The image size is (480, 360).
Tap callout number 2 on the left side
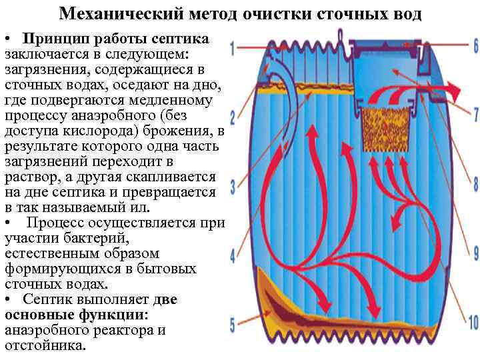click(x=233, y=119)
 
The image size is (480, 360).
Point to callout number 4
click(x=233, y=255)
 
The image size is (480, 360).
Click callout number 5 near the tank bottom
click(x=233, y=326)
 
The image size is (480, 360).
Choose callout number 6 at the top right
click(x=475, y=46)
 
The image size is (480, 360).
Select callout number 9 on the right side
click(x=475, y=253)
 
